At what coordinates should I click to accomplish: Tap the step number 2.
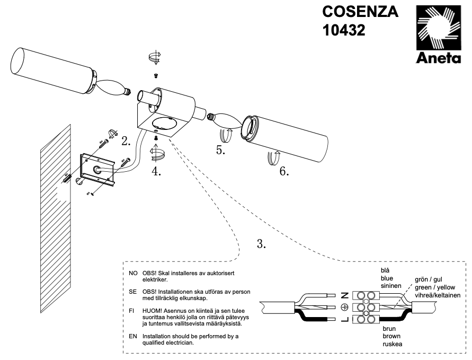click(126, 142)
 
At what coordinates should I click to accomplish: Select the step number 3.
click(261, 244)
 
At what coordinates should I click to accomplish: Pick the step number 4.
click(156, 171)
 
